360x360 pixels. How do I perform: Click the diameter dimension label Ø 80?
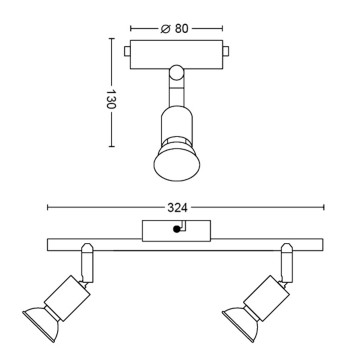click(177, 27)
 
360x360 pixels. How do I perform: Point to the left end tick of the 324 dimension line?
click(47, 207)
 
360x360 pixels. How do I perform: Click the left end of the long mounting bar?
click(50, 243)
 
